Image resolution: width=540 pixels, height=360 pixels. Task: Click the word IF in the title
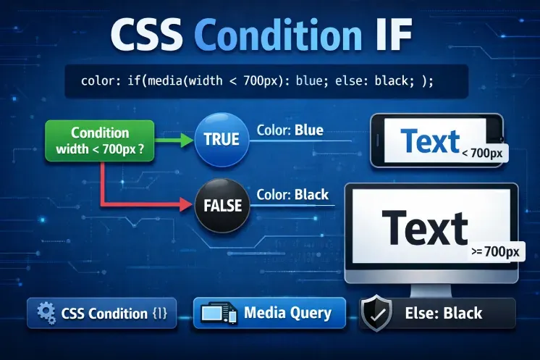pos(393,35)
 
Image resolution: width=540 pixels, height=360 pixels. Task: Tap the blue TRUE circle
pos(222,140)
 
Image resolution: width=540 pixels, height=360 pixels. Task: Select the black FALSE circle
pos(222,205)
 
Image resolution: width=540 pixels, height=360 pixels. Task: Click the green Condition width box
pos(99,141)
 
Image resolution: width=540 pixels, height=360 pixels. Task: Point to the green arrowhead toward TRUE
pos(187,141)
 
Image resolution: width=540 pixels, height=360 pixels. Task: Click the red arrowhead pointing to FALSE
pos(186,205)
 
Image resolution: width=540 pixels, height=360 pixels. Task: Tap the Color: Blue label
pos(290,130)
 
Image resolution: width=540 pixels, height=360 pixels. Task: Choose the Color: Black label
pos(292,195)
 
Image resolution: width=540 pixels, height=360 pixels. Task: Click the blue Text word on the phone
pos(430,141)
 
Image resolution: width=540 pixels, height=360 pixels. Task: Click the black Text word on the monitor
pos(425,227)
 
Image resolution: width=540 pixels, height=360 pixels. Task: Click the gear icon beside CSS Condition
pos(46,313)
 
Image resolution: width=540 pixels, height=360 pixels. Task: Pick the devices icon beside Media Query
pos(219,312)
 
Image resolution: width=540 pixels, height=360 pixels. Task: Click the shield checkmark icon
pos(376,313)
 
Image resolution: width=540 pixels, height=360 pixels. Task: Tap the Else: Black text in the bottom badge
pos(444,313)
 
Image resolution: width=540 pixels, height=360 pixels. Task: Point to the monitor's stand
pos(431,290)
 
